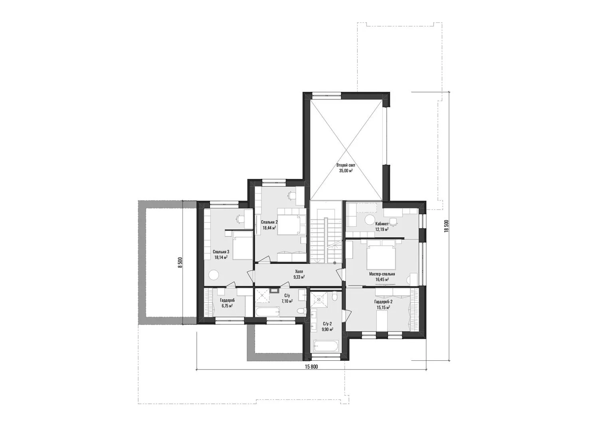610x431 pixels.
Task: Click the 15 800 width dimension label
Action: (311, 366)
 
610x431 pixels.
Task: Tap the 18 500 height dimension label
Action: (446, 226)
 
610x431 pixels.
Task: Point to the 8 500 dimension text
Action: (180, 263)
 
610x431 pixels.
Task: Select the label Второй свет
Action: (346, 165)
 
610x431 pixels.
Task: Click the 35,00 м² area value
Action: (346, 171)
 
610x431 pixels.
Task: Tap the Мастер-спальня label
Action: (382, 274)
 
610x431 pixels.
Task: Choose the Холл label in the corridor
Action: (299, 271)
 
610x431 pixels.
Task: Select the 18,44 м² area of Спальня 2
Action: (269, 227)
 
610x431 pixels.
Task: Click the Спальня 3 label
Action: (221, 251)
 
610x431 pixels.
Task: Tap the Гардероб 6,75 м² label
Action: (228, 303)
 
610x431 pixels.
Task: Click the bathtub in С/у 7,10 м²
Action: (268, 311)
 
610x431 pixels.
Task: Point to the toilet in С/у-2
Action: (335, 295)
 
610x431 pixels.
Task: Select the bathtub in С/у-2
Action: (326, 346)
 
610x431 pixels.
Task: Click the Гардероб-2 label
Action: (383, 301)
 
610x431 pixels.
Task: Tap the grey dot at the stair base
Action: (335, 263)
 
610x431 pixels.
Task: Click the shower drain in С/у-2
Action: (319, 299)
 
